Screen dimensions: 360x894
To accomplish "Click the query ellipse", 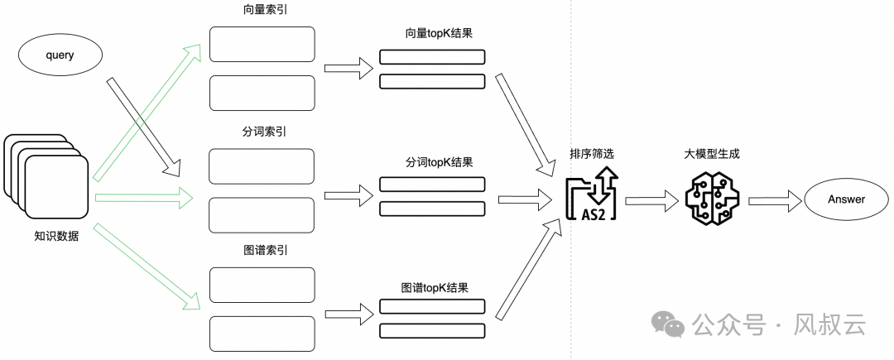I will tap(60, 55).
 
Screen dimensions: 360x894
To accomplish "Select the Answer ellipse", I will tap(846, 199).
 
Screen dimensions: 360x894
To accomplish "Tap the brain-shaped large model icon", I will tap(714, 199).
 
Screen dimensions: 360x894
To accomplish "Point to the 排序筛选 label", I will tap(592, 155).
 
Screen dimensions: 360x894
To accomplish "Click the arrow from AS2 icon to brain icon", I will tap(652, 200).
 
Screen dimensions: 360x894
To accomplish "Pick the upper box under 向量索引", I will tap(262, 44).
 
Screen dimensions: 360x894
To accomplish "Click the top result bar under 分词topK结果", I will tap(432, 185).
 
